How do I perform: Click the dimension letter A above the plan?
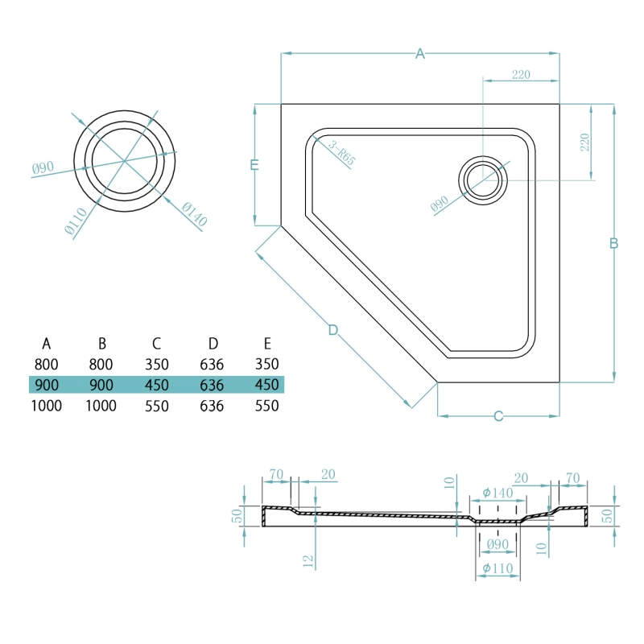[419, 54]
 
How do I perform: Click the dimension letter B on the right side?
[613, 243]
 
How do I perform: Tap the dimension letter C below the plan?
[498, 416]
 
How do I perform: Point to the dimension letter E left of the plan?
[254, 165]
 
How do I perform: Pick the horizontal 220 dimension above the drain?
[521, 75]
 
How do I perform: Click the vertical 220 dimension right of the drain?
[585, 142]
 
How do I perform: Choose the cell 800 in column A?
[47, 364]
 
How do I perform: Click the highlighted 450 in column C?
[156, 385]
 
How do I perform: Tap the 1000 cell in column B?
[101, 406]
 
